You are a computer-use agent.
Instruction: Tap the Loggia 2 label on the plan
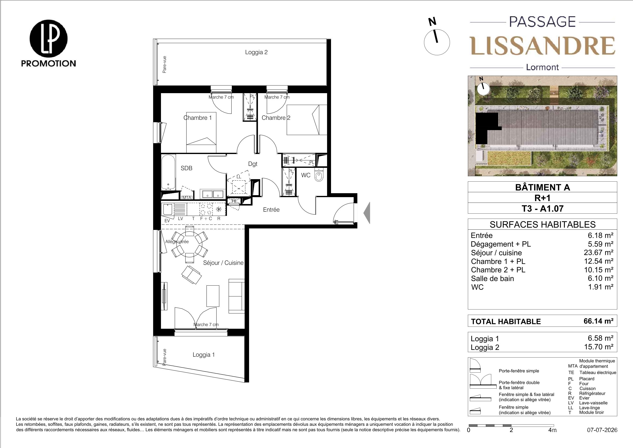[256, 52]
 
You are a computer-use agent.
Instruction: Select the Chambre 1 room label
[198, 118]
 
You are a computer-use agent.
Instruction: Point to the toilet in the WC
[319, 175]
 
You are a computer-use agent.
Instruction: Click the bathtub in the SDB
[168, 172]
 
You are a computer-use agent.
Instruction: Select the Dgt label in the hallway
[253, 164]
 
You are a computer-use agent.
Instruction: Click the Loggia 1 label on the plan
[204, 355]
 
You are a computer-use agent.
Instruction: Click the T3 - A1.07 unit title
[542, 208]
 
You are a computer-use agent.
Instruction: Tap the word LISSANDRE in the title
[542, 46]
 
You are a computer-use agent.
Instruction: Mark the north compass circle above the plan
[436, 42]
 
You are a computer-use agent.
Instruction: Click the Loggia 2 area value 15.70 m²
[599, 347]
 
